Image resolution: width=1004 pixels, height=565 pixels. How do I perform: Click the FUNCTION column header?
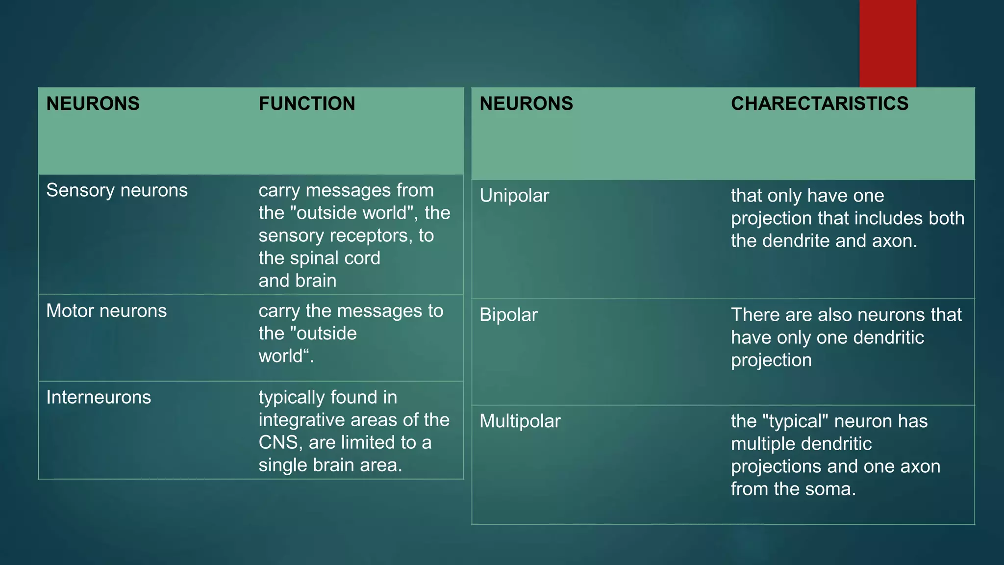(x=307, y=103)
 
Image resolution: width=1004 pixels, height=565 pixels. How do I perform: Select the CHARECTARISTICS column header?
(x=820, y=103)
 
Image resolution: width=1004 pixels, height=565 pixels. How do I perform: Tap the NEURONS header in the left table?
(x=93, y=103)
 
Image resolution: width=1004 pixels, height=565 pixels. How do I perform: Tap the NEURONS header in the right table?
(x=526, y=103)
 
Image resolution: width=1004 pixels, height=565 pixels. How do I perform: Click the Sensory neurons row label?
(x=117, y=190)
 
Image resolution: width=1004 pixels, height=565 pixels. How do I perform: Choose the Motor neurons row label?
(x=106, y=311)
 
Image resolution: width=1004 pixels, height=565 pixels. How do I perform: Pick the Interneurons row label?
(x=99, y=397)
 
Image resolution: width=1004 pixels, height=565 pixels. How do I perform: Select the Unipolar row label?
(x=514, y=196)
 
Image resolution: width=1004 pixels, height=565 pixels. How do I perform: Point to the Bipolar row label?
(x=508, y=315)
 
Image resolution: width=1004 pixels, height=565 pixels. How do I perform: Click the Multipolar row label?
(x=520, y=421)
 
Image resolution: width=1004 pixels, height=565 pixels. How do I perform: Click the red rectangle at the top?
(x=887, y=43)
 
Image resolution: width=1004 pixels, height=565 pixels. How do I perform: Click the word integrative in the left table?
(x=306, y=420)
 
